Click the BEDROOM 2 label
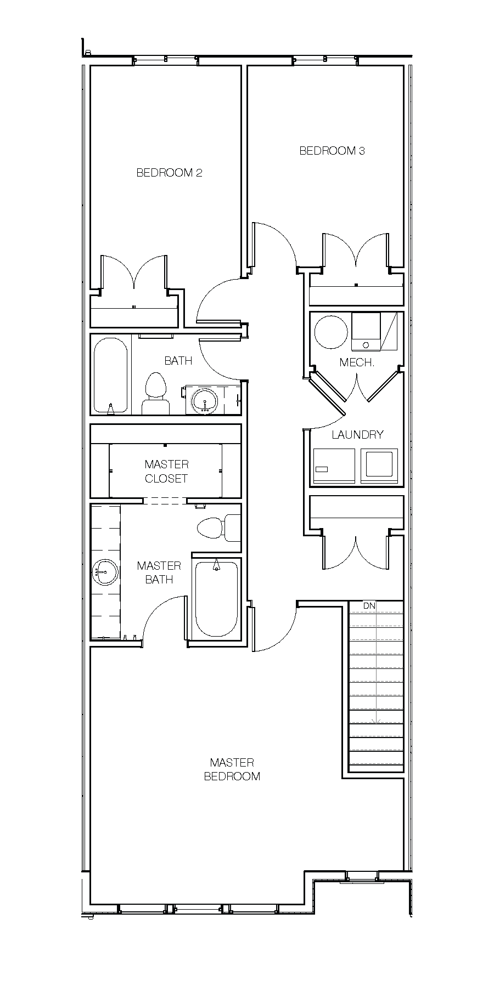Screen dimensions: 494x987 169,173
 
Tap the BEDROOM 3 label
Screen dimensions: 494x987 332,151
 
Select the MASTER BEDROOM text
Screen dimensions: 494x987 232,769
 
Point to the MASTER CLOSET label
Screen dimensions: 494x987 166,471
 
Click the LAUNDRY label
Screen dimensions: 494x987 357,435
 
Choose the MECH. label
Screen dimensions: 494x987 357,362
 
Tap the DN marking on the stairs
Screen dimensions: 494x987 369,606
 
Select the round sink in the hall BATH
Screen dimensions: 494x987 205,400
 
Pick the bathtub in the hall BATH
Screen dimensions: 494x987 111,376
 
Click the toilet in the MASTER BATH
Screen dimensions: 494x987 218,528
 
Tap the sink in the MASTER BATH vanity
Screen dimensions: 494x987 105,572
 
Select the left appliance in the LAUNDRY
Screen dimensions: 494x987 334,466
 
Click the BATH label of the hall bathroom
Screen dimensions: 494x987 178,361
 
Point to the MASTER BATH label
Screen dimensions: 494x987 159,572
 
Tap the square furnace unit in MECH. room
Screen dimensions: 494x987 366,332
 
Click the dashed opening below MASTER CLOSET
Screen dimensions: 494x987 165,501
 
